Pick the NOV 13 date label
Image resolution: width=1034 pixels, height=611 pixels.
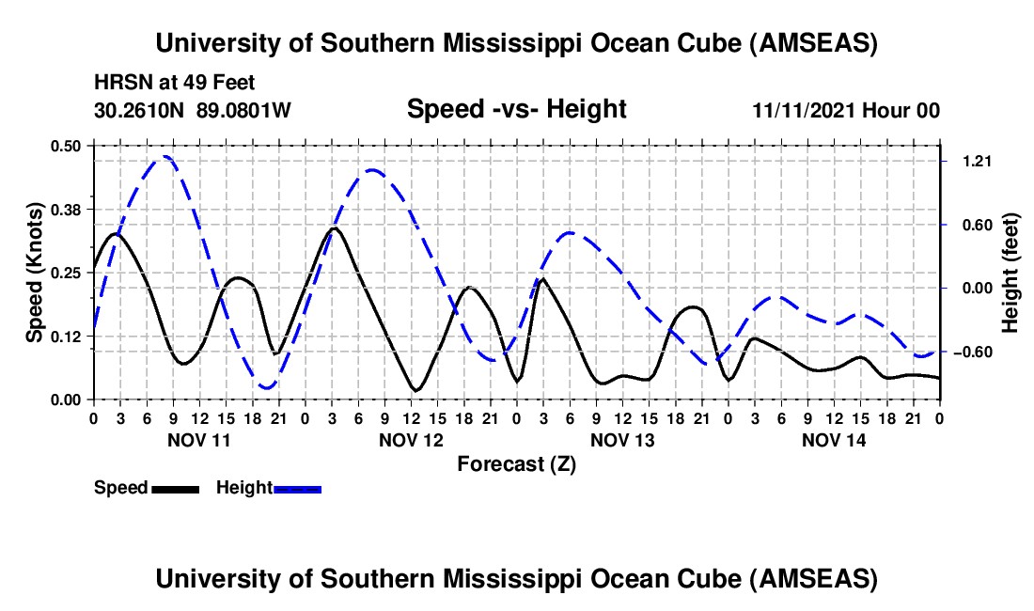[x=621, y=439]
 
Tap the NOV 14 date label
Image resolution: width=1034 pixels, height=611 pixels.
[x=833, y=439]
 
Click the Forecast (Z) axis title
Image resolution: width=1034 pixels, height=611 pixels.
[x=516, y=463]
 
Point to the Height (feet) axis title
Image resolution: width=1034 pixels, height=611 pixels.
[x=1011, y=273]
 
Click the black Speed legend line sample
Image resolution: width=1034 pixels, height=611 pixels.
[x=175, y=488]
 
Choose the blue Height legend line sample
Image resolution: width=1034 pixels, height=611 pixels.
[x=298, y=488]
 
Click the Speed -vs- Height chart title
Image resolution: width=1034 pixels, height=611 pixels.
[x=516, y=110]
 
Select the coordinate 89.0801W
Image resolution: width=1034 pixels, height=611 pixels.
[x=243, y=111]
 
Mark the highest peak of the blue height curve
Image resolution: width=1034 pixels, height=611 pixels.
[x=165, y=157]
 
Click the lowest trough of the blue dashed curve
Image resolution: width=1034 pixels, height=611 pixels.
[x=268, y=387]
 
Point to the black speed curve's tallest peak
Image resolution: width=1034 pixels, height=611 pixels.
[x=334, y=227]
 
